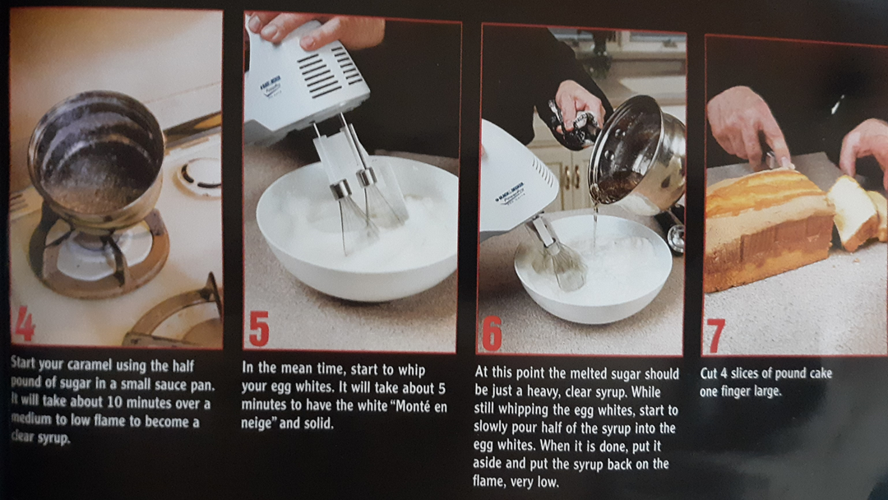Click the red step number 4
point(25,324)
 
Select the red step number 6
point(492,333)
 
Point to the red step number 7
point(715,336)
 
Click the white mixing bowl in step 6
point(593,266)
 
